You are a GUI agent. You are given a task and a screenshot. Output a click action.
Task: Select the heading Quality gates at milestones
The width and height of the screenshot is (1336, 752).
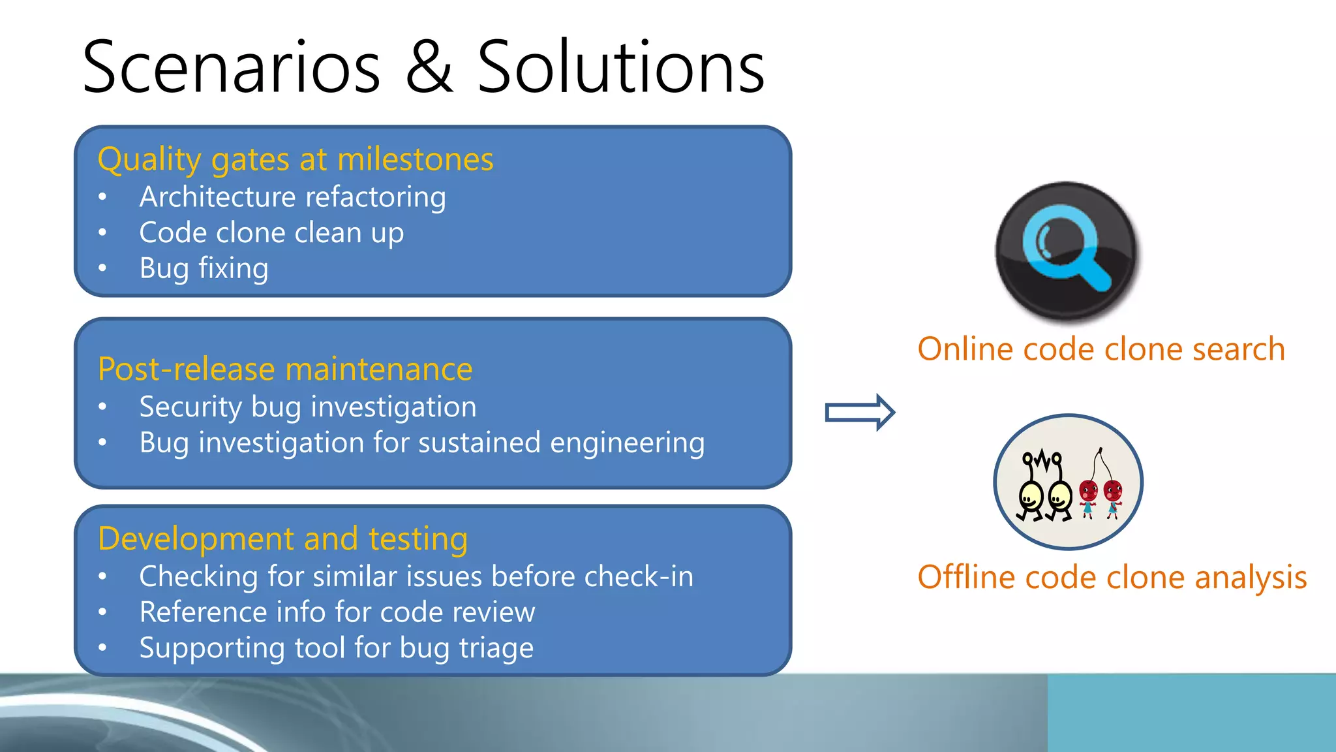tap(296, 159)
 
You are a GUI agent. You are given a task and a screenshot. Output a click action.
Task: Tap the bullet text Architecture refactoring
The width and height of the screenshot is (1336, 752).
tap(292, 197)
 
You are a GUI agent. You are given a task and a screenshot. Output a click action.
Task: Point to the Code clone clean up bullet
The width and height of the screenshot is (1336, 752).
tap(271, 233)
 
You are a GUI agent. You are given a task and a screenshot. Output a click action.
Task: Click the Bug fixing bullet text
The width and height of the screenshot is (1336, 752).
tap(204, 268)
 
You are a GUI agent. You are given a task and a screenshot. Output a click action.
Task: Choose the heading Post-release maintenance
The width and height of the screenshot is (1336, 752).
tap(285, 369)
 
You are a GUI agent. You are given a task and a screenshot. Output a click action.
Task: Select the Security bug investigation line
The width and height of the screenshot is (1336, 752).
tap(308, 407)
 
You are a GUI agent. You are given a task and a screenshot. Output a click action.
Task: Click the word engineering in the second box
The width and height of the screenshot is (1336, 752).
tap(627, 443)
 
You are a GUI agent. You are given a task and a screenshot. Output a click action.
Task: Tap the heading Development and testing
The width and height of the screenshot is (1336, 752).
tap(282, 539)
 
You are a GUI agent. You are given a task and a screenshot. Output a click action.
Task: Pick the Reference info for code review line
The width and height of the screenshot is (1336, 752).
tap(337, 612)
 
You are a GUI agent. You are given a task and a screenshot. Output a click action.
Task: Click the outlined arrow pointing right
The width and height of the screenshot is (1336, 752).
tap(860, 413)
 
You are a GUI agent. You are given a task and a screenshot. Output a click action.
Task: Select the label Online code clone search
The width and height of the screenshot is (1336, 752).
tap(1101, 349)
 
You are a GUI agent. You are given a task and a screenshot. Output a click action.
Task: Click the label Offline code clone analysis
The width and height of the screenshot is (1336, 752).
tap(1112, 578)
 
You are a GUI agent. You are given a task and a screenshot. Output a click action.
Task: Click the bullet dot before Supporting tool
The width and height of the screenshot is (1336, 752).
tap(102, 648)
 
